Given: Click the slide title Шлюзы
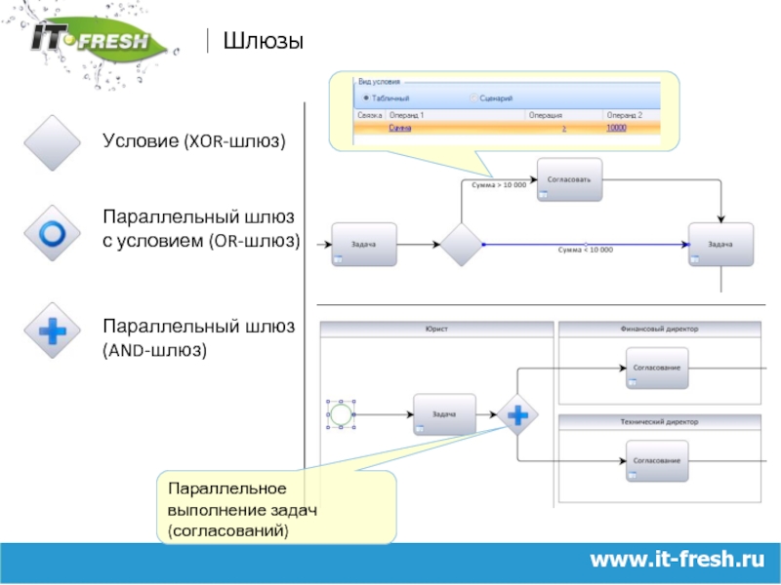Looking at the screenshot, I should (x=263, y=41).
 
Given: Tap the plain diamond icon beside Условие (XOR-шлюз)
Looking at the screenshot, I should (x=51, y=142).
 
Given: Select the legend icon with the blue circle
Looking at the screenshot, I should (x=51, y=233).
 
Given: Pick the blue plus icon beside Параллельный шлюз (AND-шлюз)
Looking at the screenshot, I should (x=51, y=331).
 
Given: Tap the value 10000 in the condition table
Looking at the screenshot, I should (x=616, y=128).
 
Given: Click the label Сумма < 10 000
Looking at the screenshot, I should (x=585, y=251).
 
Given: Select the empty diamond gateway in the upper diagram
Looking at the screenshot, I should (x=461, y=244).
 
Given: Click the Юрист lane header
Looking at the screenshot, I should (x=436, y=330).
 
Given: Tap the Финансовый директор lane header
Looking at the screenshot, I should (x=658, y=330).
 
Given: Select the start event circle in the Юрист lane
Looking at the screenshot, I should (x=341, y=415).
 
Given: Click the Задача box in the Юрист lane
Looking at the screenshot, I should (x=444, y=414).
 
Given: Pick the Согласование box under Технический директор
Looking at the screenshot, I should (x=657, y=459).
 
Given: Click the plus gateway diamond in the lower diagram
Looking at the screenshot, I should (x=516, y=414).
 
